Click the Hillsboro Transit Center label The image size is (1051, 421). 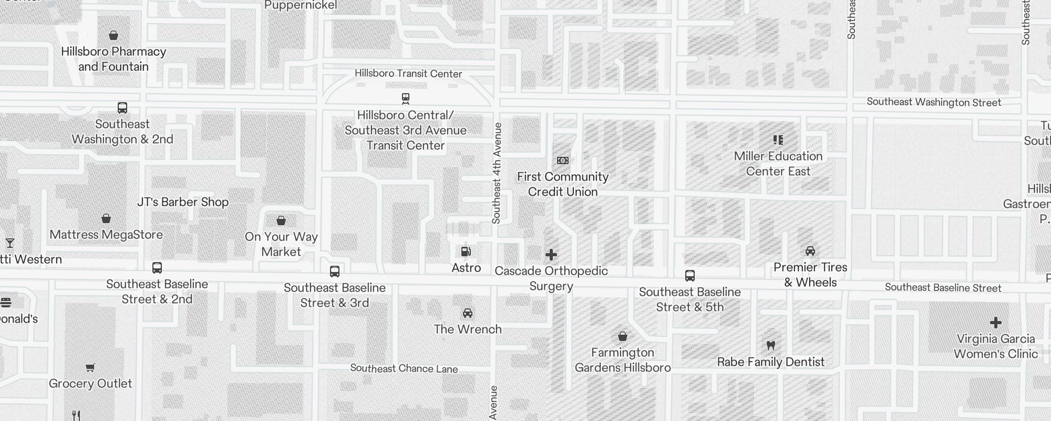click(408, 74)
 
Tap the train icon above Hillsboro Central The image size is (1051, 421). click(406, 98)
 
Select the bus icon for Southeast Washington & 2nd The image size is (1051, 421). click(122, 108)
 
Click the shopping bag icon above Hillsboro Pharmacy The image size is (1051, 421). click(114, 35)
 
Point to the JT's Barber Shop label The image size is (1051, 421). click(183, 202)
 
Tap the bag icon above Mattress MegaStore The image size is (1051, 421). click(106, 218)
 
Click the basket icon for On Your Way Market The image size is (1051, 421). click(281, 220)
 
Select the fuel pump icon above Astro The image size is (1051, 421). click(466, 252)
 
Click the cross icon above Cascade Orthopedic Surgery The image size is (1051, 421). click(551, 255)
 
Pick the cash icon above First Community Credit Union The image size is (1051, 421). click(563, 161)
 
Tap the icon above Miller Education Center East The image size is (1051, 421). click(778, 140)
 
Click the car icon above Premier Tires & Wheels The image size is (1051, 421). click(810, 251)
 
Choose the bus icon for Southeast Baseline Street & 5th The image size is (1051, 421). click(690, 276)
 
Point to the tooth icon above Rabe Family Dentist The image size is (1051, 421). click(771, 346)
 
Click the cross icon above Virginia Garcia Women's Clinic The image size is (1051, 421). click(996, 323)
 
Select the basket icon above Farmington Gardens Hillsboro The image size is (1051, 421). click(623, 336)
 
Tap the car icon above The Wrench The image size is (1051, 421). click(468, 314)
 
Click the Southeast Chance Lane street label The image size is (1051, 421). click(404, 368)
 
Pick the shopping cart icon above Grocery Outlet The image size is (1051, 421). click(90, 367)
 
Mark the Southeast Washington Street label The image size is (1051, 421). click(934, 102)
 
